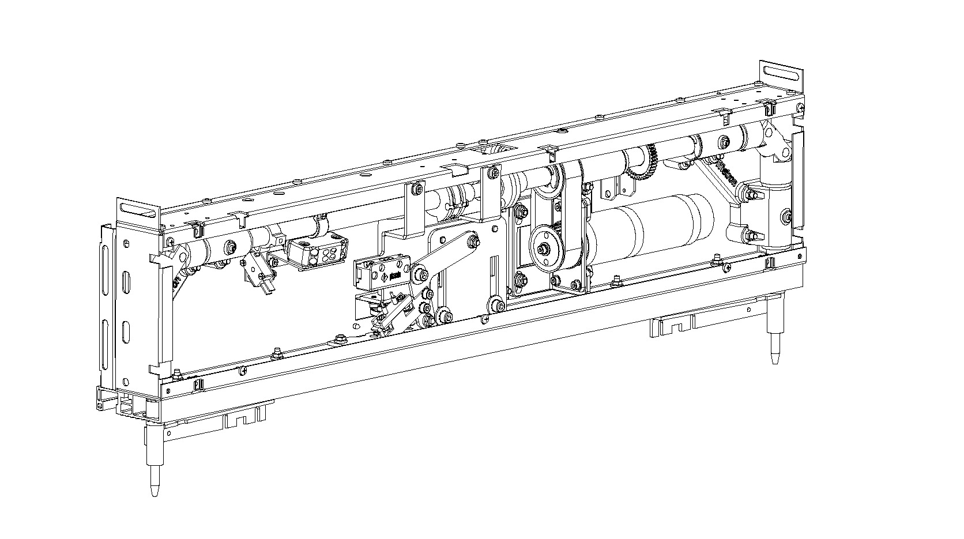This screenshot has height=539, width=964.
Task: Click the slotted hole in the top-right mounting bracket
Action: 782,74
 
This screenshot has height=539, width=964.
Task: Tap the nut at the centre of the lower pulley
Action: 543,248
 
